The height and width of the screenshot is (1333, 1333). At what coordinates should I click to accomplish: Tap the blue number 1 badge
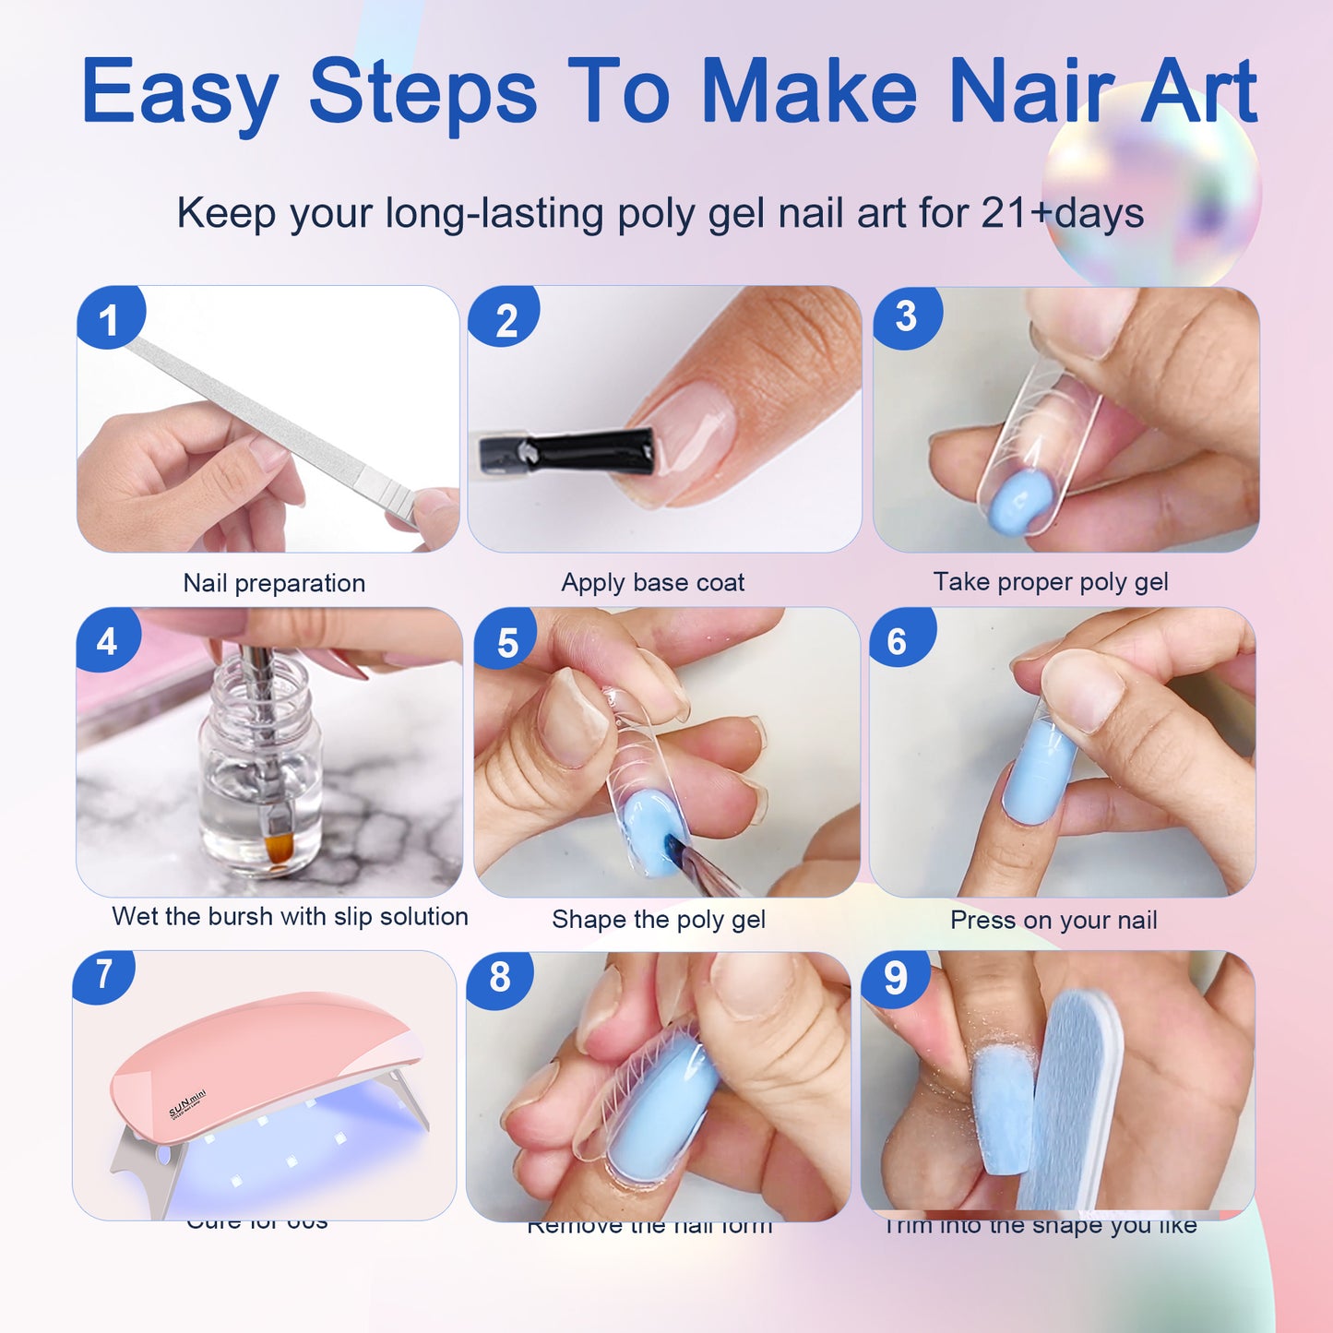110,319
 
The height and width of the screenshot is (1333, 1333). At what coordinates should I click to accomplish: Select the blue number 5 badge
506,642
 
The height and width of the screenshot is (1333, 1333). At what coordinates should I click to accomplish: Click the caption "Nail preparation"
274,583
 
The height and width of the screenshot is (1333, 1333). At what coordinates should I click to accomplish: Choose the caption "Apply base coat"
652,582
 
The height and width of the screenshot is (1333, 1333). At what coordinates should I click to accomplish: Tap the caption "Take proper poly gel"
1050,581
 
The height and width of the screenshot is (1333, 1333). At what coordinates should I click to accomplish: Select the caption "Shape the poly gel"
659,919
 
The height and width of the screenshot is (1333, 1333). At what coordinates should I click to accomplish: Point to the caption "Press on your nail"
1053,920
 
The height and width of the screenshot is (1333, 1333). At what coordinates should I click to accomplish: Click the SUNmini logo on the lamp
187,1103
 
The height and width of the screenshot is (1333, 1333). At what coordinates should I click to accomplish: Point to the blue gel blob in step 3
1019,502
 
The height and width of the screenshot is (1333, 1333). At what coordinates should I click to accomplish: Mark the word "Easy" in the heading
179,91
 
